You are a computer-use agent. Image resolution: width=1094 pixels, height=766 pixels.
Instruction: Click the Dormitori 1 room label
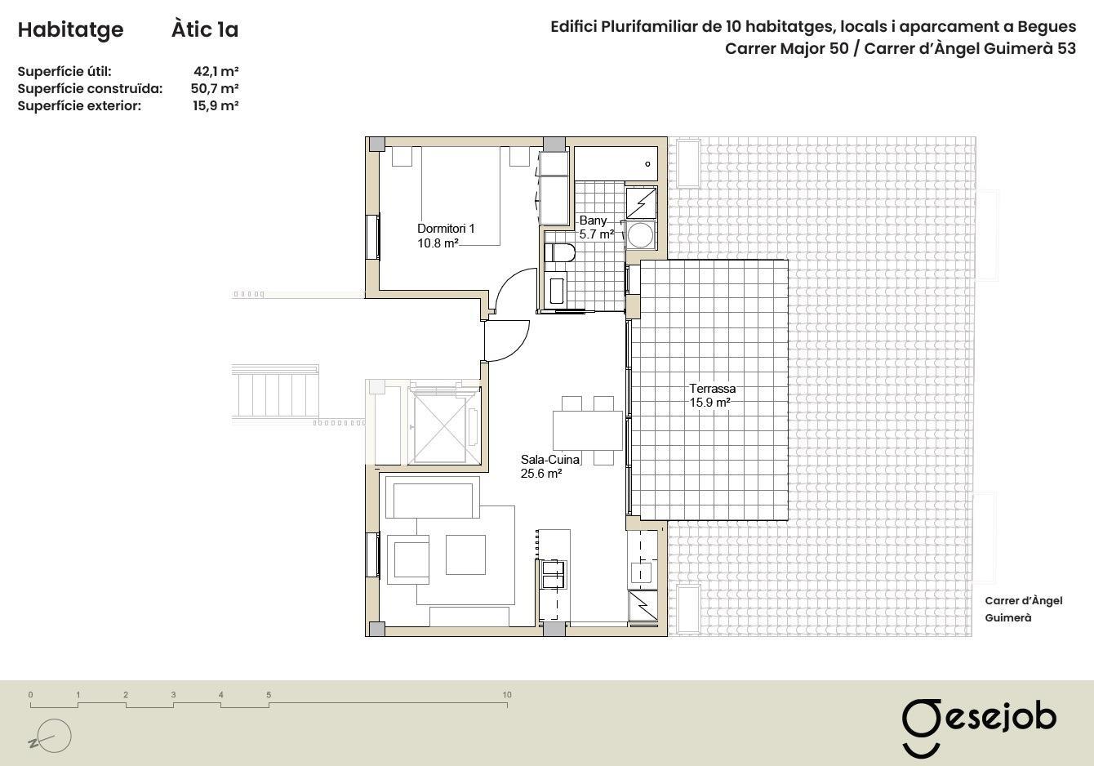(x=446, y=235)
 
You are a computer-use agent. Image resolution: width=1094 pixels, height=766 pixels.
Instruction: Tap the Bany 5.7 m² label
(x=596, y=228)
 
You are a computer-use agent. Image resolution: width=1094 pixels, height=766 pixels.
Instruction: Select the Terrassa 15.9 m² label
(x=712, y=396)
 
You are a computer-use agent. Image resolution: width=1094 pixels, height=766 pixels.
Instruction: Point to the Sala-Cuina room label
(x=550, y=466)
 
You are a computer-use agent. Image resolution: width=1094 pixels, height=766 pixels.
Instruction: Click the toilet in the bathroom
(x=560, y=252)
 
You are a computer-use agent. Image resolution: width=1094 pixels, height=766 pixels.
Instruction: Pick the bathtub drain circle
(x=647, y=164)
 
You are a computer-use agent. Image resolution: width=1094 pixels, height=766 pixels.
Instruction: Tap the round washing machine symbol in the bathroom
(x=641, y=235)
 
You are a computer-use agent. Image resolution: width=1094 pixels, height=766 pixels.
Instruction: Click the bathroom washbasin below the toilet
(x=558, y=291)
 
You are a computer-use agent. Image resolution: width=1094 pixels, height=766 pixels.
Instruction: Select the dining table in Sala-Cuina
(x=588, y=430)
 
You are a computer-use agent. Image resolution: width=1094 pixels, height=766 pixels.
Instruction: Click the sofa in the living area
(x=432, y=497)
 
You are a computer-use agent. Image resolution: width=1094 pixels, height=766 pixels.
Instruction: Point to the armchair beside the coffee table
(x=408, y=559)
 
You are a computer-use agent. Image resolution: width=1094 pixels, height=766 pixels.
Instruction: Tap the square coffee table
(x=465, y=554)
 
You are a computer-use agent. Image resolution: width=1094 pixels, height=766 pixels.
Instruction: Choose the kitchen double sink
(x=553, y=575)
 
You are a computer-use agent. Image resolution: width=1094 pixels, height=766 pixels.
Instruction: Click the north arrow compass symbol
(x=51, y=736)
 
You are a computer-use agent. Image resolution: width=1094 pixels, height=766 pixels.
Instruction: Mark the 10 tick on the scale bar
(x=507, y=705)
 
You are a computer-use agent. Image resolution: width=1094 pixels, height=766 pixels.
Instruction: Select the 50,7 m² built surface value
(x=215, y=88)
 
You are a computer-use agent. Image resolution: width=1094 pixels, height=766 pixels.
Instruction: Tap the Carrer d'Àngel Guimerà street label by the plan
(x=1023, y=609)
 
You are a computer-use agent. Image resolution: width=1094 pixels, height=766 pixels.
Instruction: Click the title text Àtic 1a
(x=205, y=29)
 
